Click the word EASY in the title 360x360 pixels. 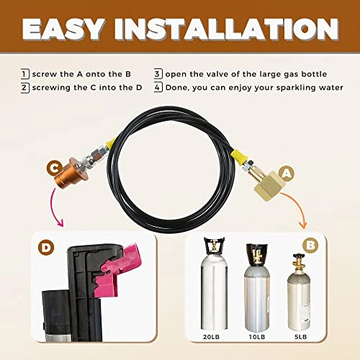(63, 29)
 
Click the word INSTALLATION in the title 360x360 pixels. (227, 29)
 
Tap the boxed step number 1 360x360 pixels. (25, 74)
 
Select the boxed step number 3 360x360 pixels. (158, 74)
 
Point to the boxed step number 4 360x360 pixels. (158, 87)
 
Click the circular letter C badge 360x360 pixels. (55, 168)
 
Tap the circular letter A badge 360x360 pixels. (287, 174)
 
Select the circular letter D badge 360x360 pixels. (46, 248)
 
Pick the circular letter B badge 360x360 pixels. (310, 246)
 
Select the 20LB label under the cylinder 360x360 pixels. (211, 337)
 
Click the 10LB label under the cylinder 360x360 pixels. (257, 337)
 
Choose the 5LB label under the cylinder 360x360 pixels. (301, 337)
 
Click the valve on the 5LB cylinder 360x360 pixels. (299, 263)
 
